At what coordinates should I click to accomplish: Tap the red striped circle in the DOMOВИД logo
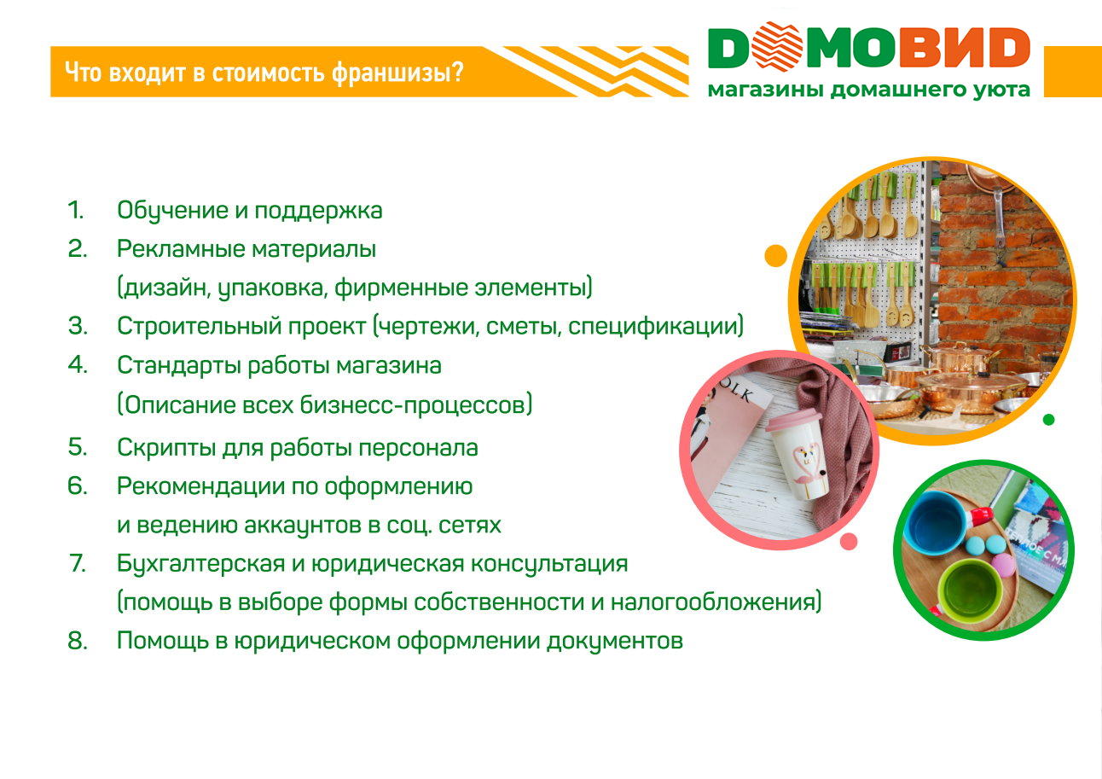[777, 46]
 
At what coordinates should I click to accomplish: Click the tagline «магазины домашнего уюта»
[869, 90]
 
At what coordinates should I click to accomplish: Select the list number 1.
[76, 210]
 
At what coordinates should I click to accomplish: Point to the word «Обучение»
[172, 211]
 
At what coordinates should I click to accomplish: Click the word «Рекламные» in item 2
[181, 249]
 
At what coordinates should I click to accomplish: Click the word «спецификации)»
[656, 327]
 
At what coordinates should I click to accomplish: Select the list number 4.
[78, 365]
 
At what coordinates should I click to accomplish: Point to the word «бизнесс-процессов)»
[416, 405]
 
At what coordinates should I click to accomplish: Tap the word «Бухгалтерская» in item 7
[200, 564]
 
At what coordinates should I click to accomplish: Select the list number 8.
[78, 642]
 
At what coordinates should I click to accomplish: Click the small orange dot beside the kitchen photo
[776, 256]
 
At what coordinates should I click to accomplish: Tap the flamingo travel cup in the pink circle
[799, 455]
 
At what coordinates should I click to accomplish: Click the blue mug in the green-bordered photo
[935, 521]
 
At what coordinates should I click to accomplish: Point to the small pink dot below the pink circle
[849, 542]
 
